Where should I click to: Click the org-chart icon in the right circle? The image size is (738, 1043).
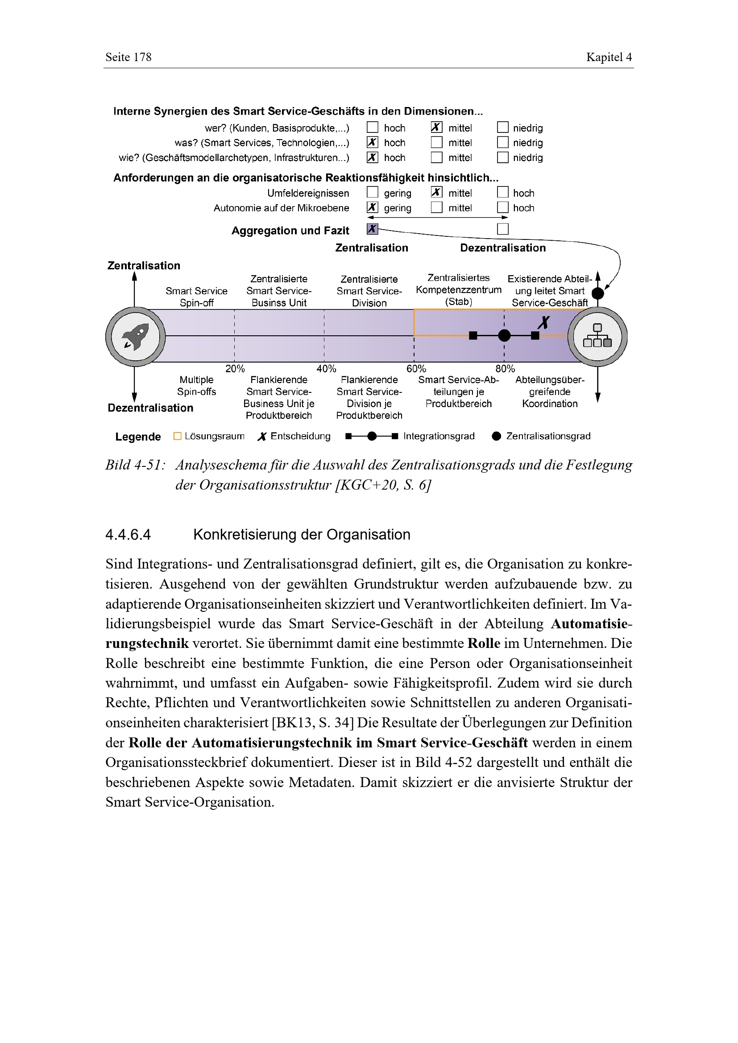pyautogui.click(x=597, y=336)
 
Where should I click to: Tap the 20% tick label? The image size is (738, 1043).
pyautogui.click(x=235, y=368)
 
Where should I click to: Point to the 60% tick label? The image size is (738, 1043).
pyautogui.click(x=416, y=368)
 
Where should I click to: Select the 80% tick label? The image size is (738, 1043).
pyautogui.click(x=505, y=368)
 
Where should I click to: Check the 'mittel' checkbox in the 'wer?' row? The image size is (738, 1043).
pyautogui.click(x=436, y=128)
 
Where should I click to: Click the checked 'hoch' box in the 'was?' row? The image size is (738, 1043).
pyautogui.click(x=372, y=142)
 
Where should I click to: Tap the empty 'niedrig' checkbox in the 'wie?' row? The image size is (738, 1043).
pyautogui.click(x=502, y=157)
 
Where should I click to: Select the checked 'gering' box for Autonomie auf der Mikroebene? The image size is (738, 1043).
pyautogui.click(x=372, y=208)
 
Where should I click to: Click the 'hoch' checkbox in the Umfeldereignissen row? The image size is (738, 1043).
pyautogui.click(x=502, y=193)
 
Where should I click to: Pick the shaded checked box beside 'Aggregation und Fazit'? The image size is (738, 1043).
pyautogui.click(x=372, y=229)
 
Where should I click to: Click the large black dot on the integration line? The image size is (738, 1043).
pyautogui.click(x=504, y=336)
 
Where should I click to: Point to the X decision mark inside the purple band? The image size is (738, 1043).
pyautogui.click(x=543, y=322)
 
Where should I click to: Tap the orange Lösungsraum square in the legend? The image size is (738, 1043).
pyautogui.click(x=178, y=436)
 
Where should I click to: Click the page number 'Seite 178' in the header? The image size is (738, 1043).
pyautogui.click(x=129, y=57)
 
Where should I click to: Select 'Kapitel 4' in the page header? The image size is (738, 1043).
pyautogui.click(x=609, y=57)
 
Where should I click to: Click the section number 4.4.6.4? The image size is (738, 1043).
pyautogui.click(x=128, y=535)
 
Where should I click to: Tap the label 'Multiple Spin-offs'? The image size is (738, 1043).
pyautogui.click(x=196, y=386)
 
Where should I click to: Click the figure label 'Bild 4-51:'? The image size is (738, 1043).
pyautogui.click(x=135, y=465)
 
